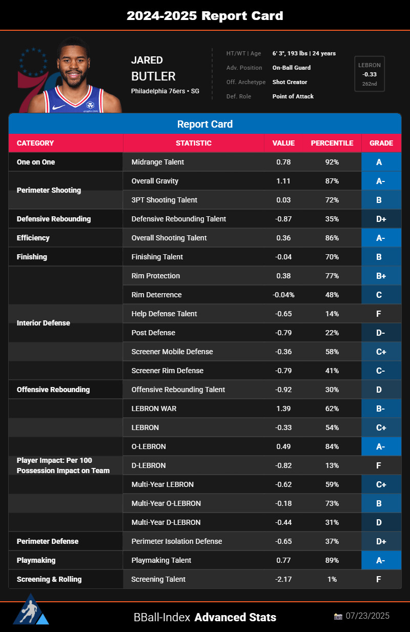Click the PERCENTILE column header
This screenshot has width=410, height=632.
click(x=332, y=143)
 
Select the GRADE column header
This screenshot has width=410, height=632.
click(x=381, y=143)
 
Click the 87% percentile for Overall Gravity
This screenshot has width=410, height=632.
click(x=332, y=181)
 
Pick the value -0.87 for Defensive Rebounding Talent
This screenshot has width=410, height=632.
click(x=283, y=219)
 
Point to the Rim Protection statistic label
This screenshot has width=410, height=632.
click(x=156, y=276)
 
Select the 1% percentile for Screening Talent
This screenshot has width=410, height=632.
click(x=332, y=579)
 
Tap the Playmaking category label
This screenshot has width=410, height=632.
click(x=36, y=560)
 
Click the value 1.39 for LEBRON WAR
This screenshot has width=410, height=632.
click(x=283, y=409)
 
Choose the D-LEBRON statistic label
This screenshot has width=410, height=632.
click(x=148, y=465)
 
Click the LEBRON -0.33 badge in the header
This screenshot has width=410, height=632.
click(x=369, y=74)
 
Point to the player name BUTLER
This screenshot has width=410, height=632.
click(x=153, y=76)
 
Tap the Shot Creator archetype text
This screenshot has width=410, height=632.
click(x=290, y=82)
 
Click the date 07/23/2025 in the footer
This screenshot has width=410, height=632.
click(x=368, y=616)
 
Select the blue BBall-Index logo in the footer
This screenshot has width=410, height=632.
click(x=31, y=610)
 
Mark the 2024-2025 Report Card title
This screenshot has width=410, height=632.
click(x=205, y=15)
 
